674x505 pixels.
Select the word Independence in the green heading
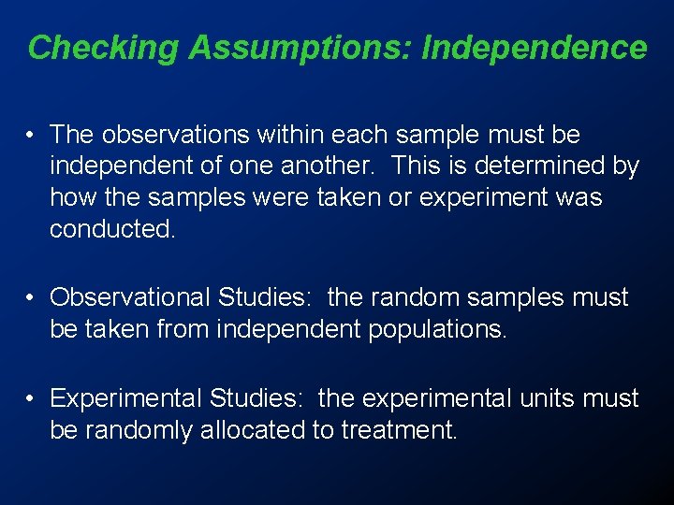click(535, 47)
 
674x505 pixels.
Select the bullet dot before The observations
click(32, 137)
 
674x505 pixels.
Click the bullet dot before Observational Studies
click(32, 298)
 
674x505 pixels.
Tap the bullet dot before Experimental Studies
click(32, 399)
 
